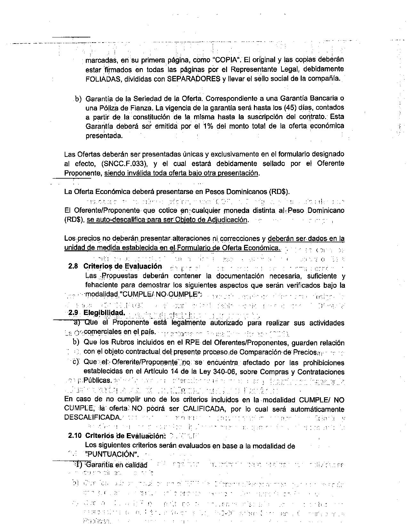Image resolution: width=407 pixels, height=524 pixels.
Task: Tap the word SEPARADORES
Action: (x=194, y=79)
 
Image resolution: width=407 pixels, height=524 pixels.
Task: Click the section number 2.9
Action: (x=74, y=312)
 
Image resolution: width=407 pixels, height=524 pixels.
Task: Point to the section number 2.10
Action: (x=75, y=436)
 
